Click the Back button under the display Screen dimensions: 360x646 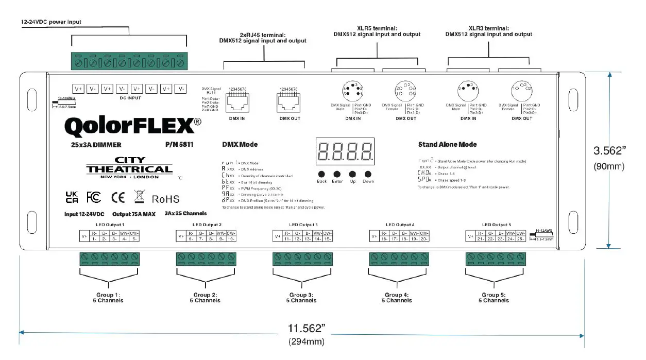tap(321, 174)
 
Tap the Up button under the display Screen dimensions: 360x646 tap(353, 174)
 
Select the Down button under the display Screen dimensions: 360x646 tap(368, 174)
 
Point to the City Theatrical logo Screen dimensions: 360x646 tap(129, 168)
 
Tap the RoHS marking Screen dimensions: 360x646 tap(165, 199)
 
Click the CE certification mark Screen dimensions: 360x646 tap(118, 198)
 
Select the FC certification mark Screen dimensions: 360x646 tap(94, 198)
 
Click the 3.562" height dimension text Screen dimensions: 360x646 tap(610, 151)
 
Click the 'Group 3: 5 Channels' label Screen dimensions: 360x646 tap(301, 298)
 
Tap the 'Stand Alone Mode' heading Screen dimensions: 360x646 tap(447, 145)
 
